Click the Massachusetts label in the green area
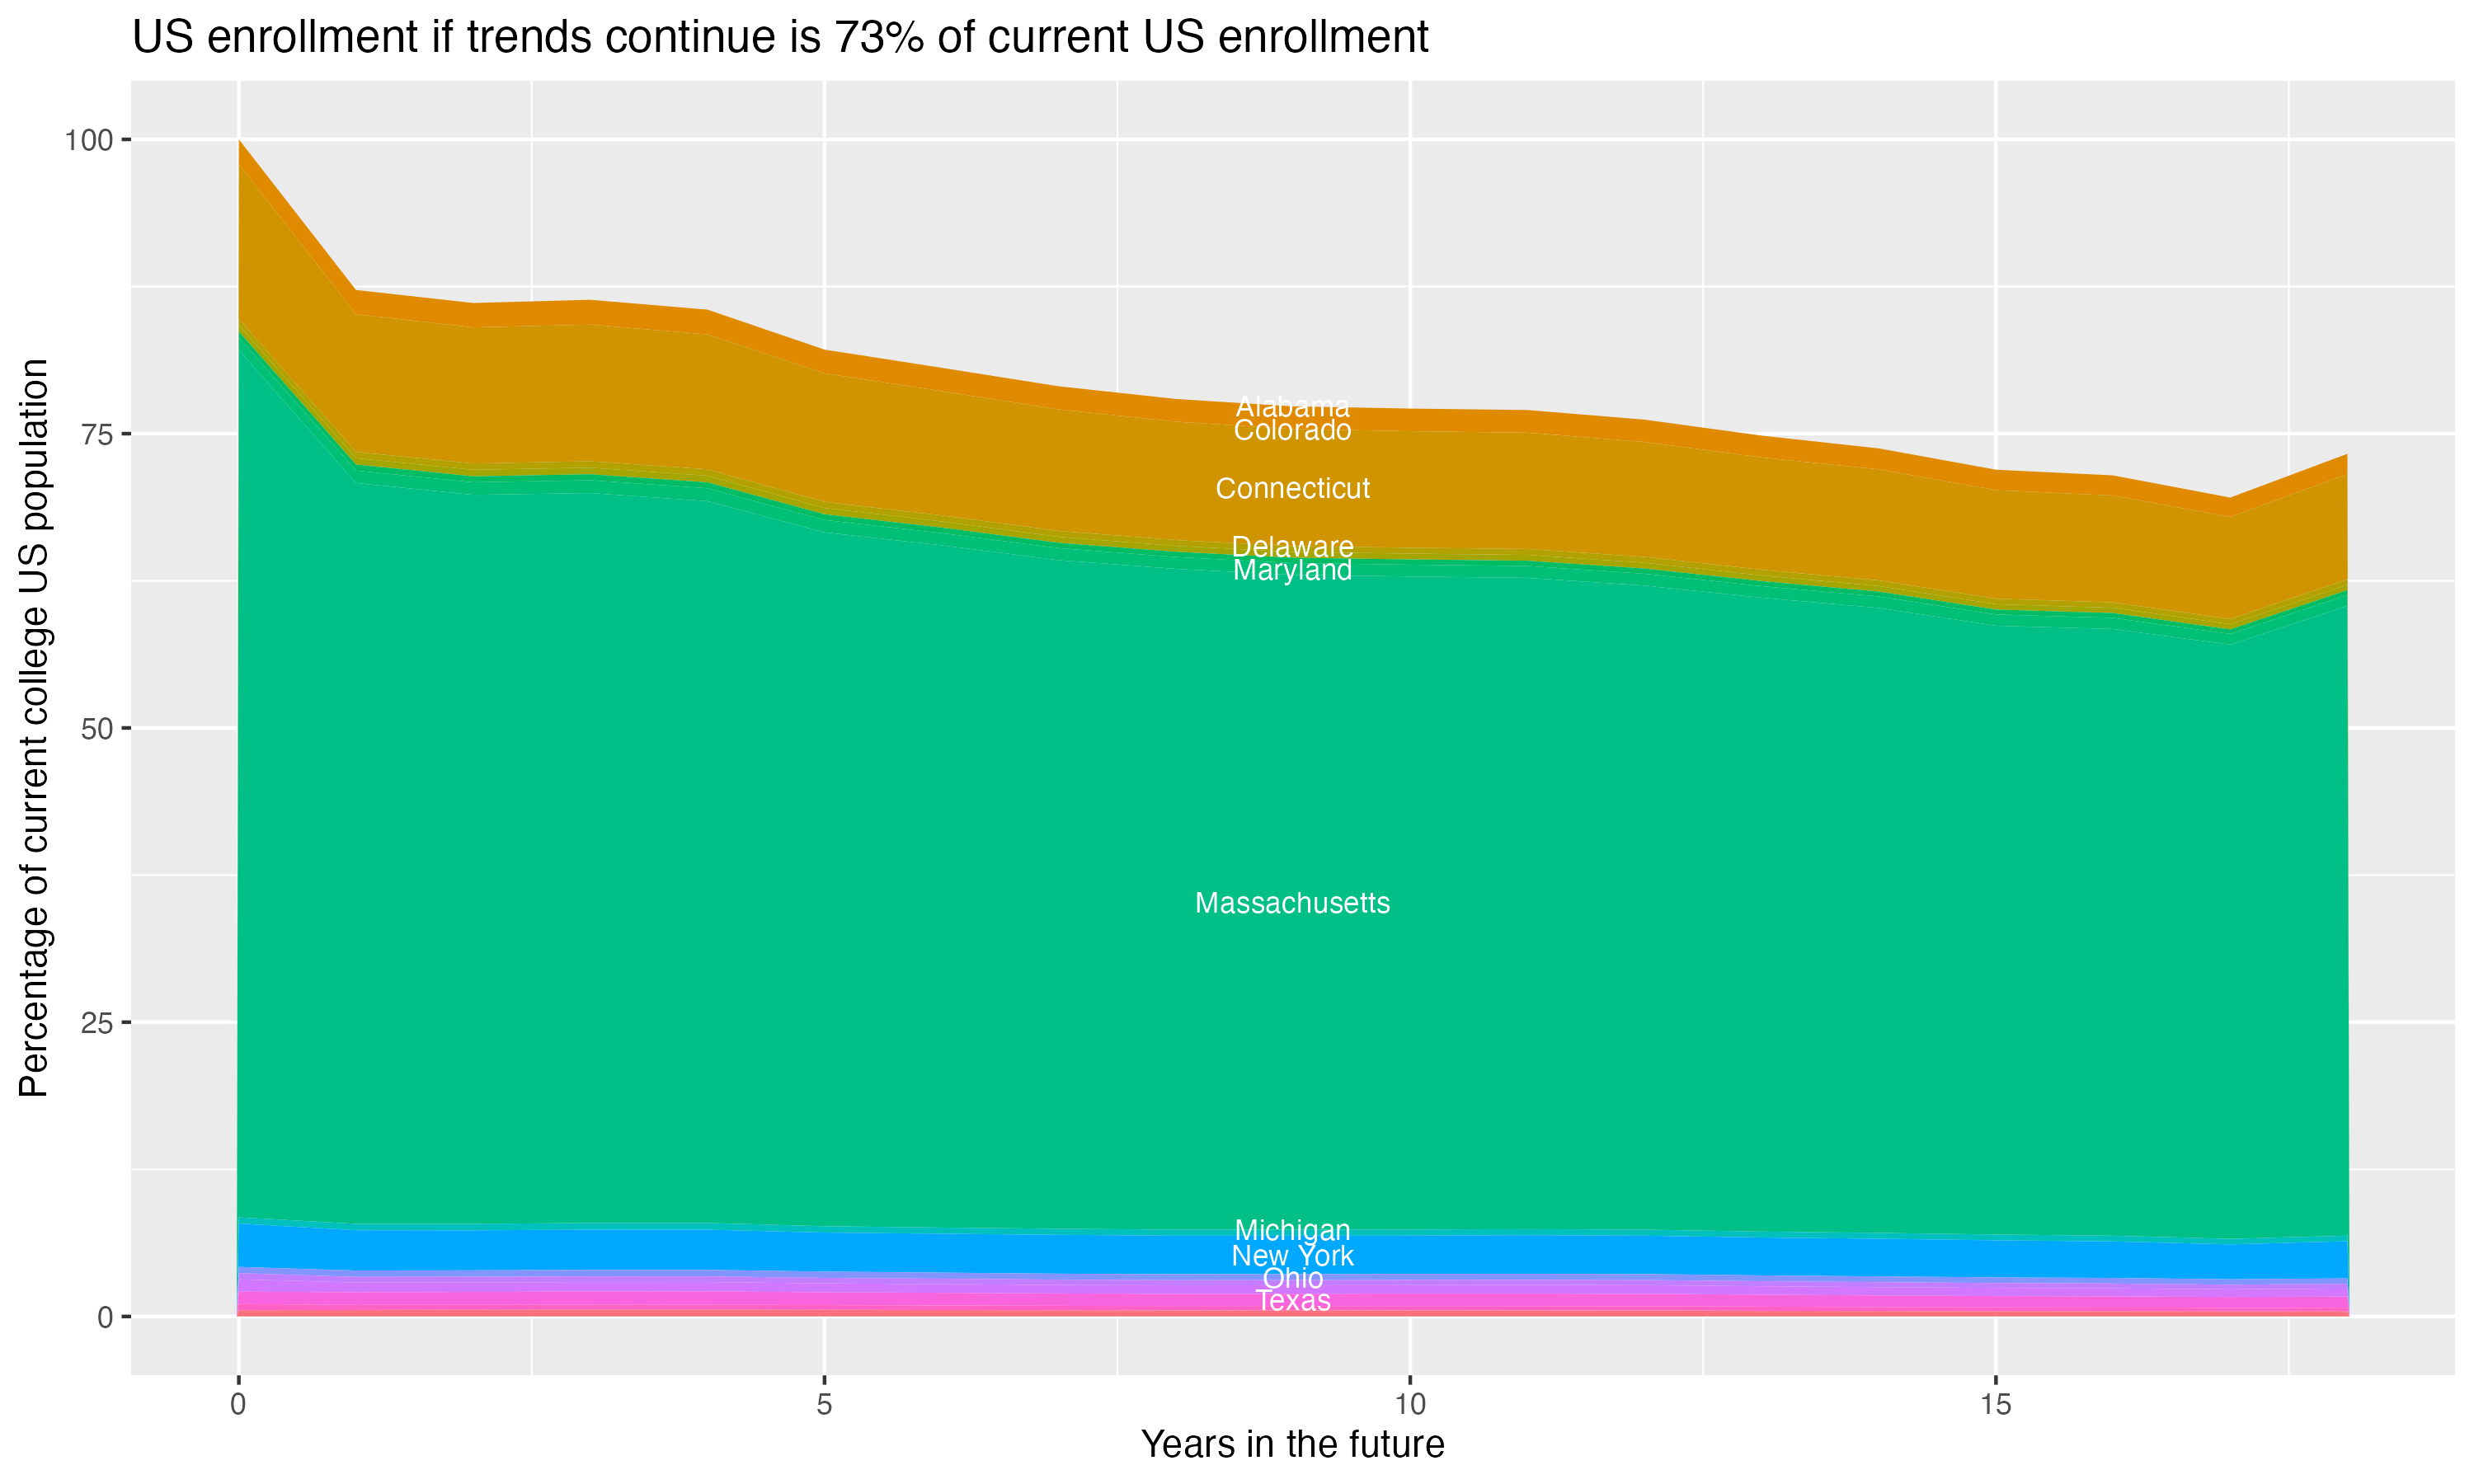1292,903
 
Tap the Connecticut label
1292,488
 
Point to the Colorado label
1292,430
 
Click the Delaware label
1292,546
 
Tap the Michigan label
1292,1229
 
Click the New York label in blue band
1292,1255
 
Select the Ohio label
1292,1278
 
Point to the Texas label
1292,1300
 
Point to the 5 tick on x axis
824,1405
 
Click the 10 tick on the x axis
1409,1405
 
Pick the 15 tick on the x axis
1995,1405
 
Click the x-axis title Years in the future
1292,1444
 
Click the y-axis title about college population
34,727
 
